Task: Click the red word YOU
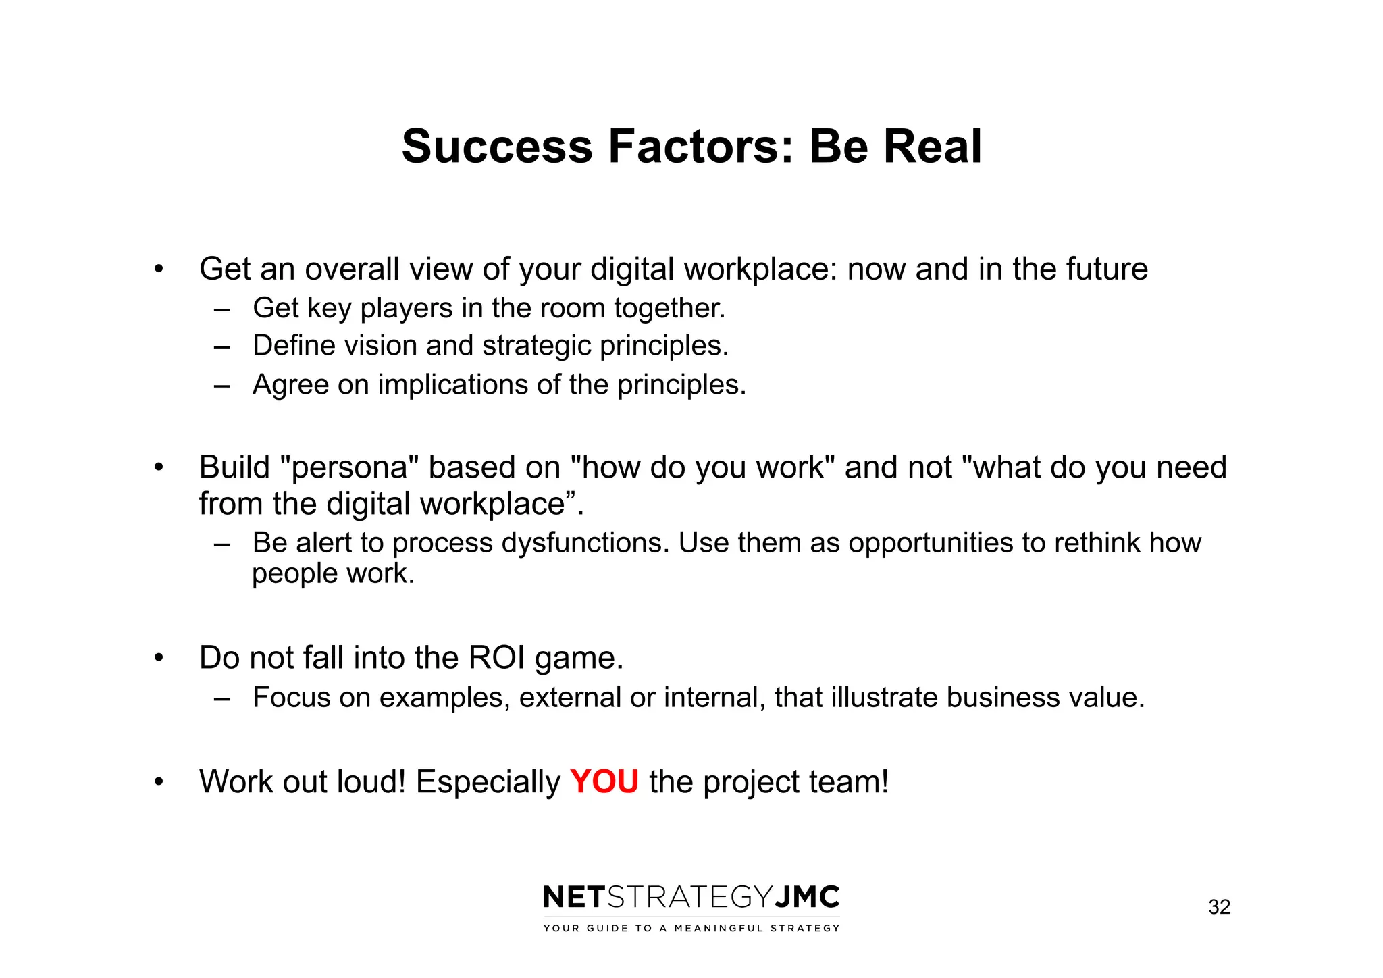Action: pos(604,782)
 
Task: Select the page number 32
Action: pos(1219,907)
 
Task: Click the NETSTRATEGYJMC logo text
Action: pos(691,898)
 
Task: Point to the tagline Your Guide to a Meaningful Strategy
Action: pos(691,929)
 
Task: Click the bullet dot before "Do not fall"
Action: pos(159,658)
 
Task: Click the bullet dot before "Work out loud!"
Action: pos(159,782)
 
